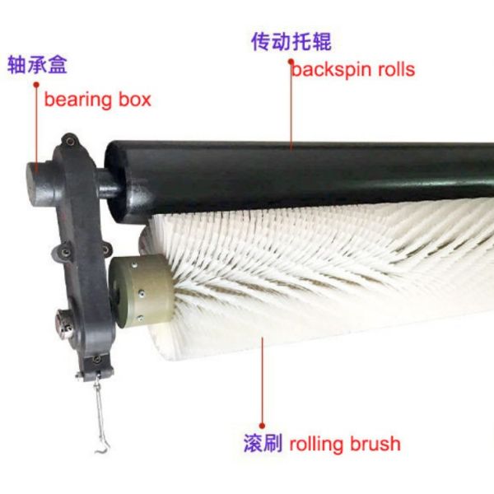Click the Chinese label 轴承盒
point(37,64)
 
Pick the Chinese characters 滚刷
point(263,444)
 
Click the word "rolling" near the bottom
point(318,445)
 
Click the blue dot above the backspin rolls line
point(290,59)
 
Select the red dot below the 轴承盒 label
point(36,83)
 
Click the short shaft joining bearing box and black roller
point(102,184)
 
